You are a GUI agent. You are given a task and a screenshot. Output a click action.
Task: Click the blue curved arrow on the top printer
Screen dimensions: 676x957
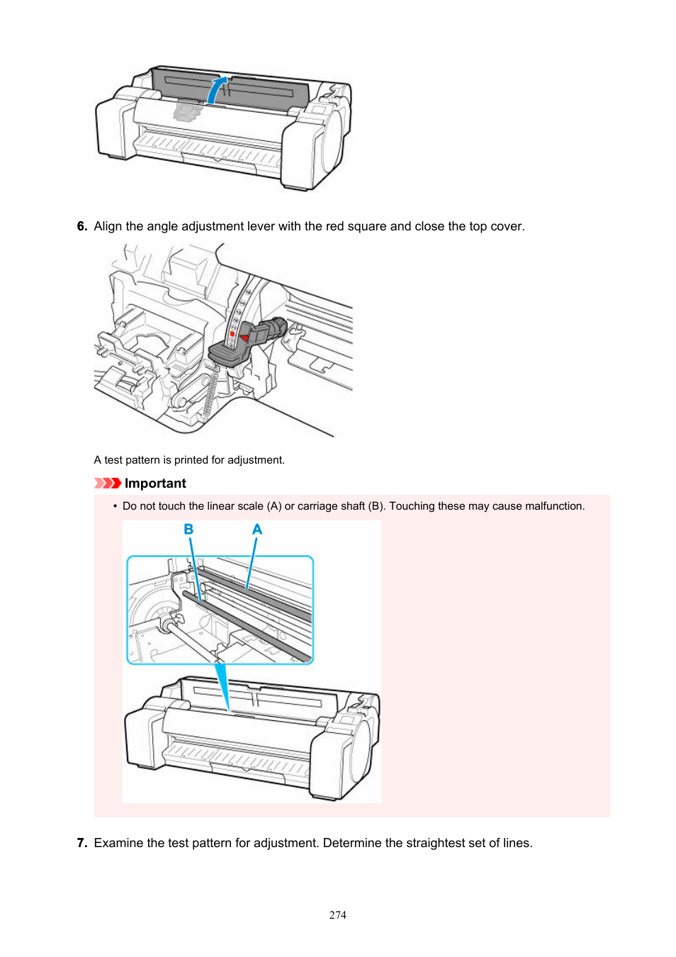tap(217, 90)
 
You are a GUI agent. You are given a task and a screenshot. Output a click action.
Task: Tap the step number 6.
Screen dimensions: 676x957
tap(81, 226)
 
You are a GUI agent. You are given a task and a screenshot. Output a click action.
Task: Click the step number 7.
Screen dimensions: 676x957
tap(81, 843)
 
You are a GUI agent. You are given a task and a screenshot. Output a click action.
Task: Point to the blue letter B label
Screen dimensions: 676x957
tap(188, 530)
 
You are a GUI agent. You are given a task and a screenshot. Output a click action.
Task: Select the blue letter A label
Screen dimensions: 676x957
tap(257, 530)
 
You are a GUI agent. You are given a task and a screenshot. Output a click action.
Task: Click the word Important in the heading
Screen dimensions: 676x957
tap(155, 483)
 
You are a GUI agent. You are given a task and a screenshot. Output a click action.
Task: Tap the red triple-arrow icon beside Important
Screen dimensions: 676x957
tap(108, 483)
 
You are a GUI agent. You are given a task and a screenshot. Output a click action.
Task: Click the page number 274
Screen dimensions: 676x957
tap(338, 915)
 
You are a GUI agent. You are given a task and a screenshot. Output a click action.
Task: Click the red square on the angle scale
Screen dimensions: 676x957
tap(232, 333)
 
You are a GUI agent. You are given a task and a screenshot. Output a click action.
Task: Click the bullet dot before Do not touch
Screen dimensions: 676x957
tap(115, 506)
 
